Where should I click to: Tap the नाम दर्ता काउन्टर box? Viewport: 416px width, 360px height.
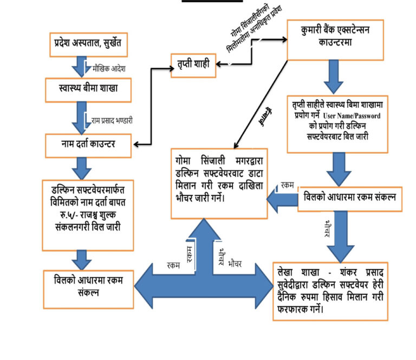pos(88,146)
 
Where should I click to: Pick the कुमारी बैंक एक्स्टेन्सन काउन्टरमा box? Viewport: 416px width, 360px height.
pos(334,40)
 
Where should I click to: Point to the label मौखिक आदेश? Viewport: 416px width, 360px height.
pos(112,69)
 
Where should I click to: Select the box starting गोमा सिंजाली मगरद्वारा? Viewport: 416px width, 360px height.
pos(219,183)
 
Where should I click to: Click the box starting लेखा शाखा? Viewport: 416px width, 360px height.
pos(330,290)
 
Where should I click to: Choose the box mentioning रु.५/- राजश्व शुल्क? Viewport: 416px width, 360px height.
pos(87,214)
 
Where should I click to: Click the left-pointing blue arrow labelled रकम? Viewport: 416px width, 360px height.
pos(282,198)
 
